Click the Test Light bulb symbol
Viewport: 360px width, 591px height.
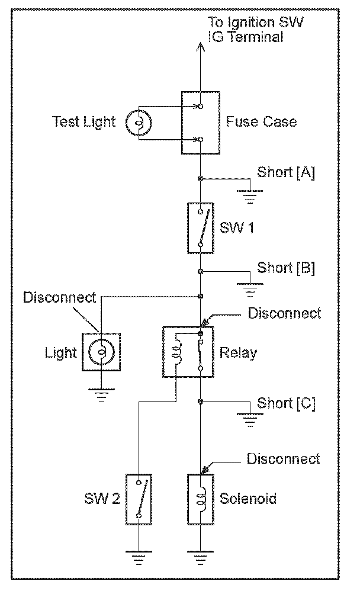pos(139,123)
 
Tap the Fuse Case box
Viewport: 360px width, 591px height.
pos(201,123)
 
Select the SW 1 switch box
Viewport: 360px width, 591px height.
pos(201,228)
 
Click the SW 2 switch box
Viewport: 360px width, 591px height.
pos(139,499)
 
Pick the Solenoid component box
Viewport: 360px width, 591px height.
pos(201,499)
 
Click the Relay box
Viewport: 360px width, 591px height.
pos(188,352)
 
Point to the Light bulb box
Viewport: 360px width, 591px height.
pos(101,352)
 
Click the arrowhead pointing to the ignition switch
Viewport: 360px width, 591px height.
pos(201,47)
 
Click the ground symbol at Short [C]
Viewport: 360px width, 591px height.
pos(250,420)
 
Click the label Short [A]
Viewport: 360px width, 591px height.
pos(286,172)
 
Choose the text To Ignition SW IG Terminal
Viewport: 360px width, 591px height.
pos(256,30)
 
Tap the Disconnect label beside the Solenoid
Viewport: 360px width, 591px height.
pos(284,459)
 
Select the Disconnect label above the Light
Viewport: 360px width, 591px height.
pos(60,297)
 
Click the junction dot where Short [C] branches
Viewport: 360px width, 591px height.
pos(201,402)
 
